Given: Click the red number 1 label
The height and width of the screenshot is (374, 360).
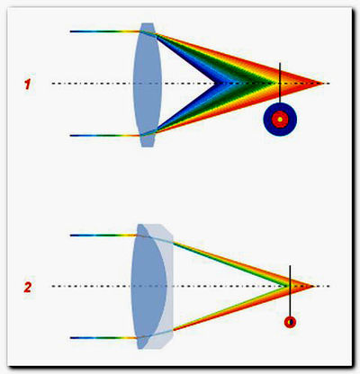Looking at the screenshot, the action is pos(28,85).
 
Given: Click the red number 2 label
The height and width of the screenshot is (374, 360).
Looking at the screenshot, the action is pos(28,288).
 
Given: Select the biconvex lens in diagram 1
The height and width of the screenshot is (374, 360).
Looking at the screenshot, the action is pos(148,85).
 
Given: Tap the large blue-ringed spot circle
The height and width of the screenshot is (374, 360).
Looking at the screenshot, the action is pos(280,120).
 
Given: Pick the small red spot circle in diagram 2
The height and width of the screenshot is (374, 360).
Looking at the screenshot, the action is pos(290,322).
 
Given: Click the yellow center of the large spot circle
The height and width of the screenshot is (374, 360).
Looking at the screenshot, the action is pos(280,120).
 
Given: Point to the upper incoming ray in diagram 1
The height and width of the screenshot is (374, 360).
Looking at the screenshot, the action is pos(105,31).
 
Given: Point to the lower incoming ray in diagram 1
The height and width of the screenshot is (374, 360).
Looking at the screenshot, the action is pos(105,136).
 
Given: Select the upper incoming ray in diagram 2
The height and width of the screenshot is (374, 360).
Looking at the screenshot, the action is pos(103,236).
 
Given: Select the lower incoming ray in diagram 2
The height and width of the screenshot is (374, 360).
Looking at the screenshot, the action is pos(103,338).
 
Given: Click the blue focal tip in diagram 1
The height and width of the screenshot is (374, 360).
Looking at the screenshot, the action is pos(215,84).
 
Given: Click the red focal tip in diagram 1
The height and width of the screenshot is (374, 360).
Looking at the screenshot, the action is pos(323,84).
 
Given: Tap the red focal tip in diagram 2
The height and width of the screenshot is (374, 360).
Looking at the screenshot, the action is pos(314,287).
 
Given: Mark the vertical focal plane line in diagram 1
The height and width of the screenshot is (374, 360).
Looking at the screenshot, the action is pos(280,83).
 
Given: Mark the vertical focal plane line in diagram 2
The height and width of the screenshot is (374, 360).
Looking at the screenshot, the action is pos(290,291).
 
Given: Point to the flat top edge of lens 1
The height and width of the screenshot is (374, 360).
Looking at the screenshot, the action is pos(148,23).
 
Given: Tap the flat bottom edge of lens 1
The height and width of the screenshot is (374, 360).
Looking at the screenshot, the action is pos(148,147).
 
